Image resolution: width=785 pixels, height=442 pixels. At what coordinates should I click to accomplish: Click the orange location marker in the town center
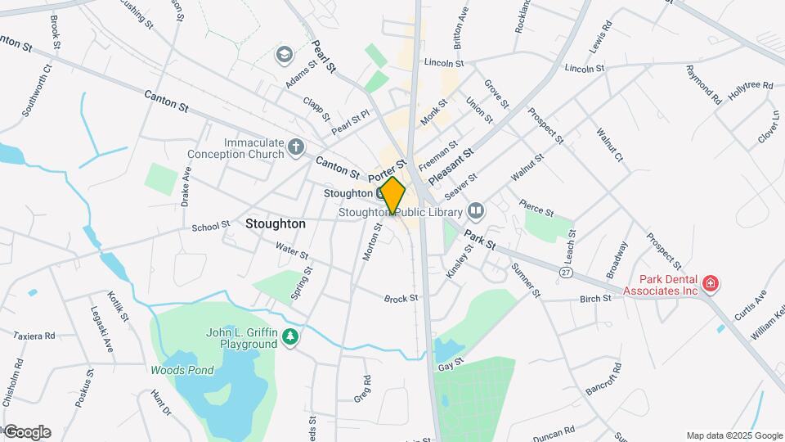[x=393, y=196]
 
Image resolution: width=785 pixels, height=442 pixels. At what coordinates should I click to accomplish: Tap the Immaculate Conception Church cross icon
[x=297, y=147]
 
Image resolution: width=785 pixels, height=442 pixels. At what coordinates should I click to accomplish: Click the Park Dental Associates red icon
[x=711, y=284]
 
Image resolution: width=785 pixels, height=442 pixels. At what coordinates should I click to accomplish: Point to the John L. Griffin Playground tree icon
[x=289, y=337]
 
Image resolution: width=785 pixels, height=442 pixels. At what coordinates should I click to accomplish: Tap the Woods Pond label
[x=182, y=370]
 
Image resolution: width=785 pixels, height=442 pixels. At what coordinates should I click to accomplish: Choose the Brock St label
[x=401, y=299]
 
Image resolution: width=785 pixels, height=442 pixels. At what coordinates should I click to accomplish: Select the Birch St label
[x=595, y=299]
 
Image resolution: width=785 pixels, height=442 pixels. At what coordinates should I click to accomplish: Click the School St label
[x=211, y=225]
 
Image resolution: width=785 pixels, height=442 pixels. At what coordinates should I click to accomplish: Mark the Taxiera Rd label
[x=34, y=336]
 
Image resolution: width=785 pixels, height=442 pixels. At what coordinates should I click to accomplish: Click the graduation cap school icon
[x=284, y=55]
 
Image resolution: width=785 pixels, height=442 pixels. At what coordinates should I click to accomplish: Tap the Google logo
[x=27, y=432]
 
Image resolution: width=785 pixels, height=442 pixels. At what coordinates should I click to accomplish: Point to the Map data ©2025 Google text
[x=733, y=435]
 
